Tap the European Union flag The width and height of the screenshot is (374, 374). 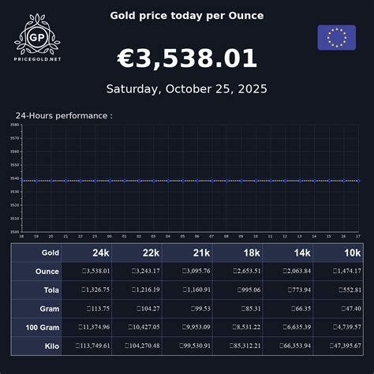[337, 37]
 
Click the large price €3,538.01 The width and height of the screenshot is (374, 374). [187, 58]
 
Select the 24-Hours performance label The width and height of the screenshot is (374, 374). [64, 115]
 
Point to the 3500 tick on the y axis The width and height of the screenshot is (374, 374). [14, 231]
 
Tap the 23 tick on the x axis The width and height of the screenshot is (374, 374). [95, 236]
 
